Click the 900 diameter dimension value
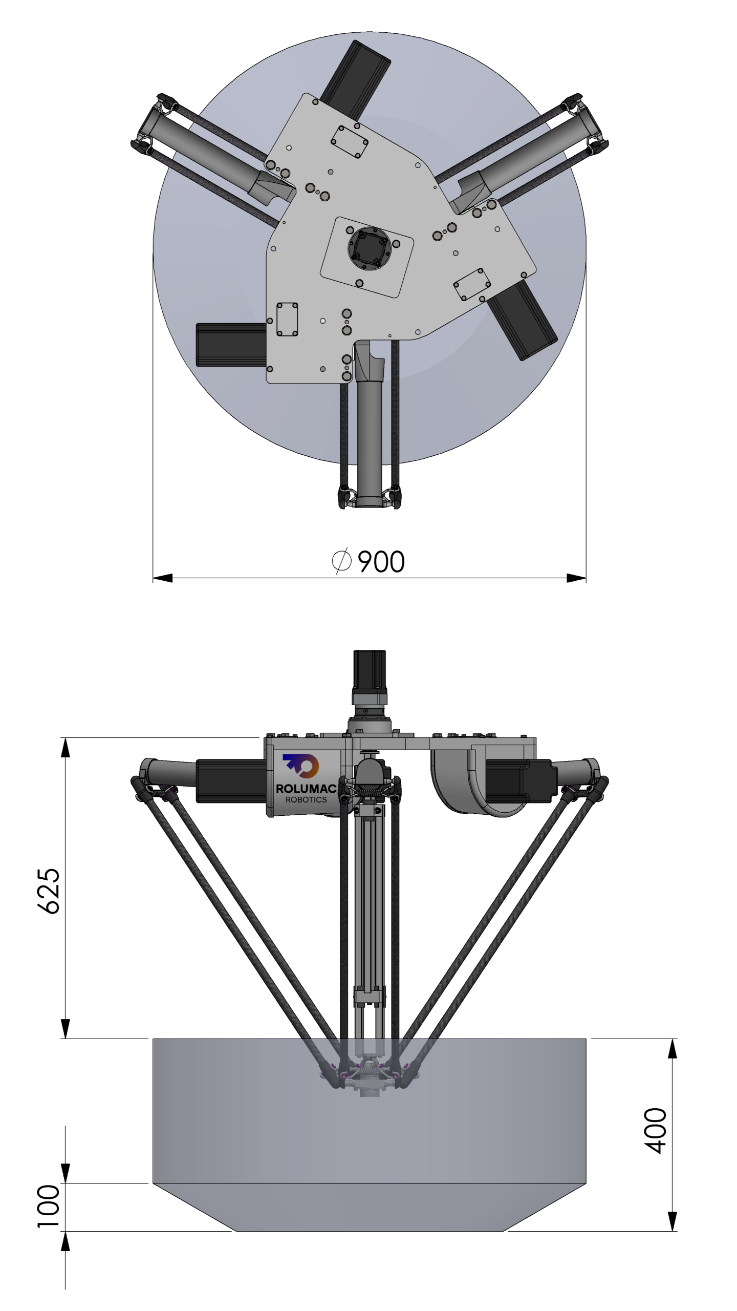tap(381, 561)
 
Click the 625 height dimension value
tap(49, 891)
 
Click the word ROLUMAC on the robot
tap(306, 789)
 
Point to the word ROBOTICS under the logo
tap(306, 799)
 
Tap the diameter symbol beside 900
tap(341, 561)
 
